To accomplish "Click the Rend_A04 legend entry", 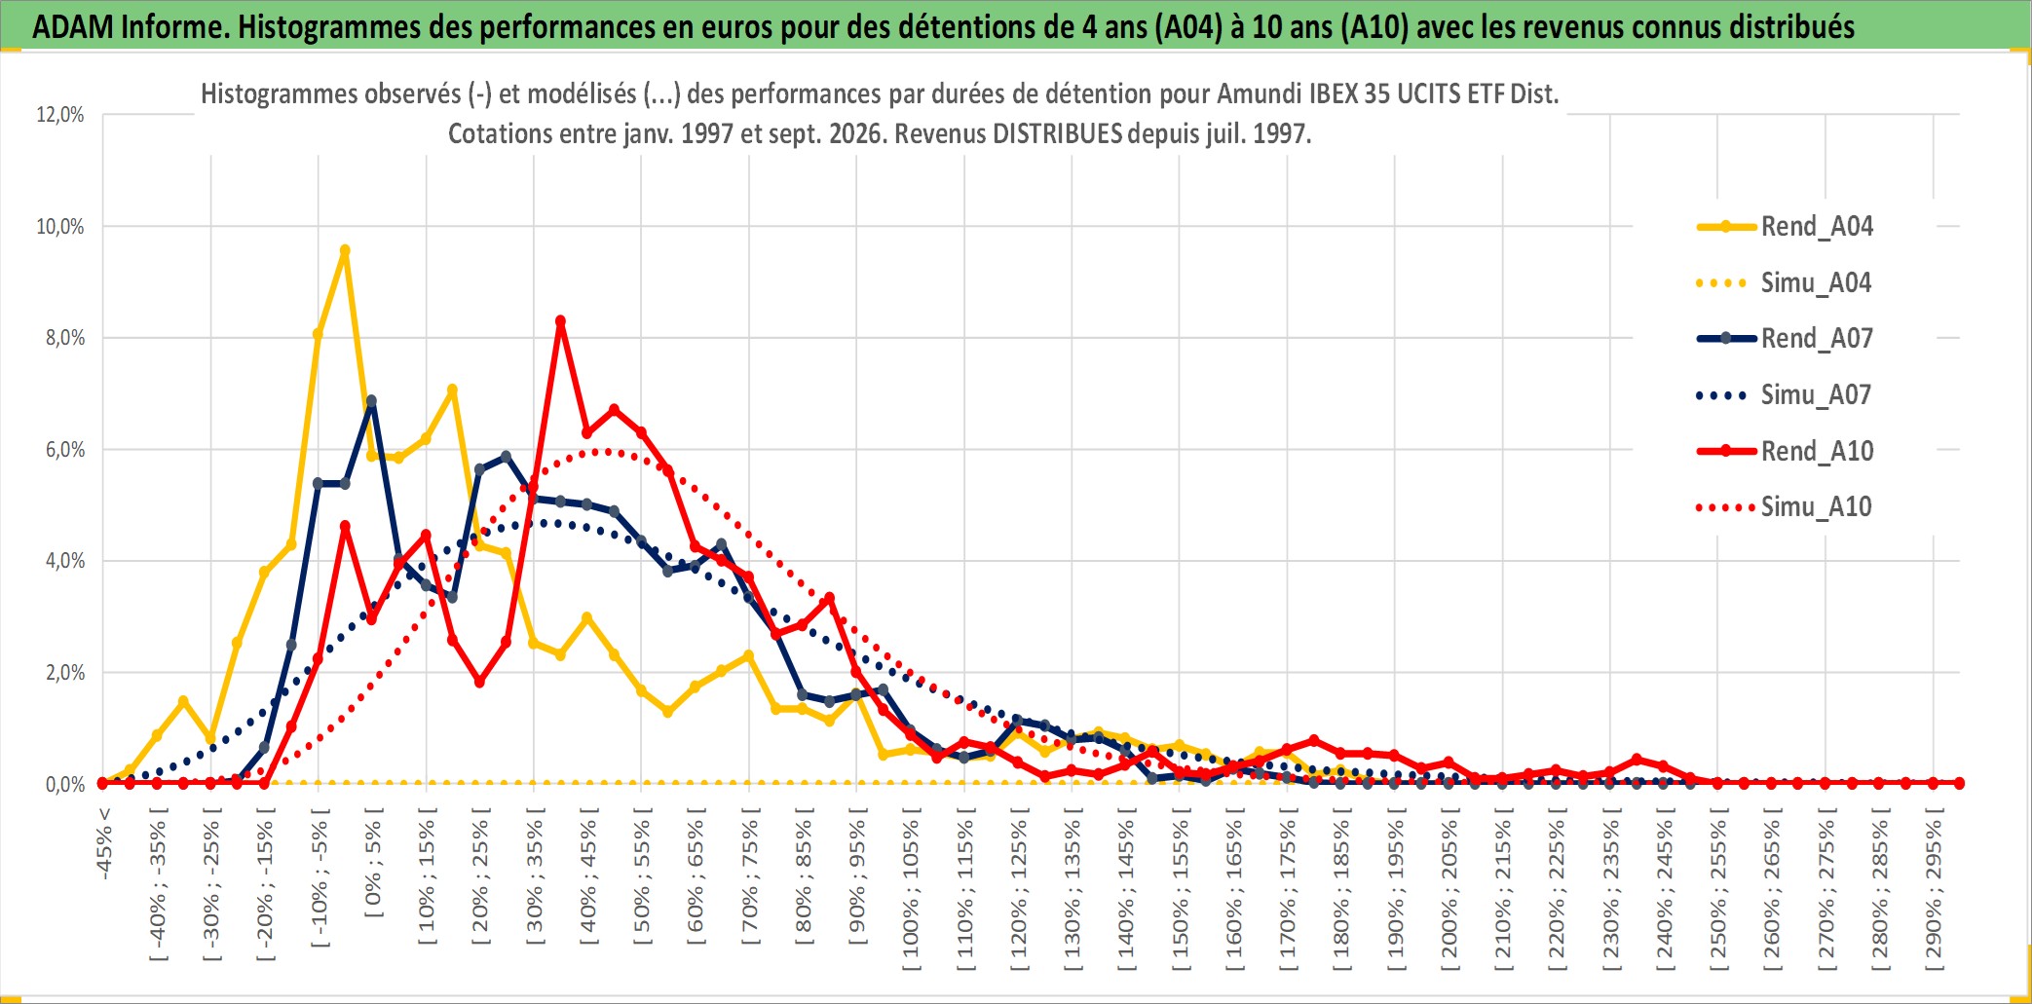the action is [x=1785, y=226].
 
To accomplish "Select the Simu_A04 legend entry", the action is [x=1785, y=282].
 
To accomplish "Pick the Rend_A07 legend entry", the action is [x=1785, y=338].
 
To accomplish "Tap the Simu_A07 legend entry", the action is [x=1785, y=394].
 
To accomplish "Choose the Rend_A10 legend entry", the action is [x=1785, y=451].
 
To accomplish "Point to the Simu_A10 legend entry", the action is [x=1785, y=506].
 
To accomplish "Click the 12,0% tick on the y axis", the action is [x=60, y=115].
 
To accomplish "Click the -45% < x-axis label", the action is [x=104, y=843].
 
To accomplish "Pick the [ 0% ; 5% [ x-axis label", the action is [x=373, y=862].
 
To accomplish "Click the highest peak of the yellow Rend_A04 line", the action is [x=345, y=250].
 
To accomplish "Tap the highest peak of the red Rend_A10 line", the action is [x=560, y=321].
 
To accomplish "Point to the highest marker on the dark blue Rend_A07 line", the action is [x=371, y=400].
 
